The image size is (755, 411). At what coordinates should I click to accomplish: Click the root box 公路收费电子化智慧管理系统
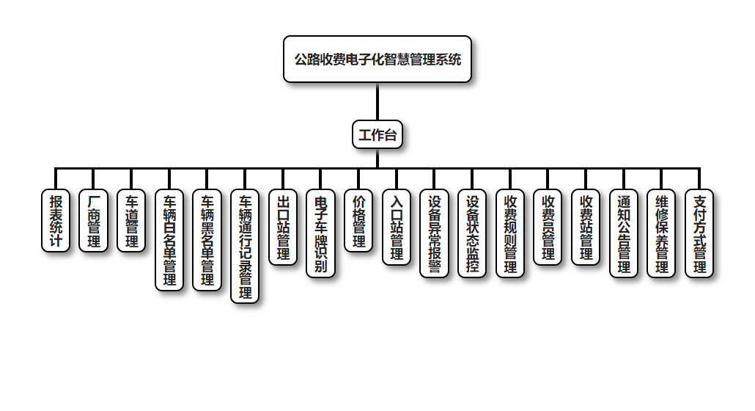tap(377, 59)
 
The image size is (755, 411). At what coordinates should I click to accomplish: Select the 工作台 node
tap(377, 134)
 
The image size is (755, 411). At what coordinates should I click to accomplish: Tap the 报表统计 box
tap(56, 220)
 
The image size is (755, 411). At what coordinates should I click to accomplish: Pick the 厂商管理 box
tap(93, 220)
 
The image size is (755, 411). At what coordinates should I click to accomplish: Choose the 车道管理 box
tap(131, 220)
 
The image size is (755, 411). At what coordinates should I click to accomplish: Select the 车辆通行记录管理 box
tap(246, 246)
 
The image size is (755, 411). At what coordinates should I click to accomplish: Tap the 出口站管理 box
tap(283, 227)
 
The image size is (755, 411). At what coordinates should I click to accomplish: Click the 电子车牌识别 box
tap(320, 233)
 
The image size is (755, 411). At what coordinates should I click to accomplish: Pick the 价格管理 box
tap(358, 220)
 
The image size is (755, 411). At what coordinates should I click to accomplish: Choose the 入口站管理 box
tap(397, 227)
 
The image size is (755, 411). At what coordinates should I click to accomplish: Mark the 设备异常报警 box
tap(434, 233)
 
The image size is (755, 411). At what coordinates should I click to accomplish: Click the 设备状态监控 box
tap(472, 233)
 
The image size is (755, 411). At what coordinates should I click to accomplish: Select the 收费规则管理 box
tap(510, 233)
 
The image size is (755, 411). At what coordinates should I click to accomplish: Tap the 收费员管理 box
tap(548, 227)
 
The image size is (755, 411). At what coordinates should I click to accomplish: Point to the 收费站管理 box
tap(586, 227)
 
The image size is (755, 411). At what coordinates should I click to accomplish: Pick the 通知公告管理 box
tap(624, 233)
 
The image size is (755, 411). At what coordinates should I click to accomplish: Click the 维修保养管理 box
tap(662, 233)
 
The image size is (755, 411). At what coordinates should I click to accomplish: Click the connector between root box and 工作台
tap(377, 101)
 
